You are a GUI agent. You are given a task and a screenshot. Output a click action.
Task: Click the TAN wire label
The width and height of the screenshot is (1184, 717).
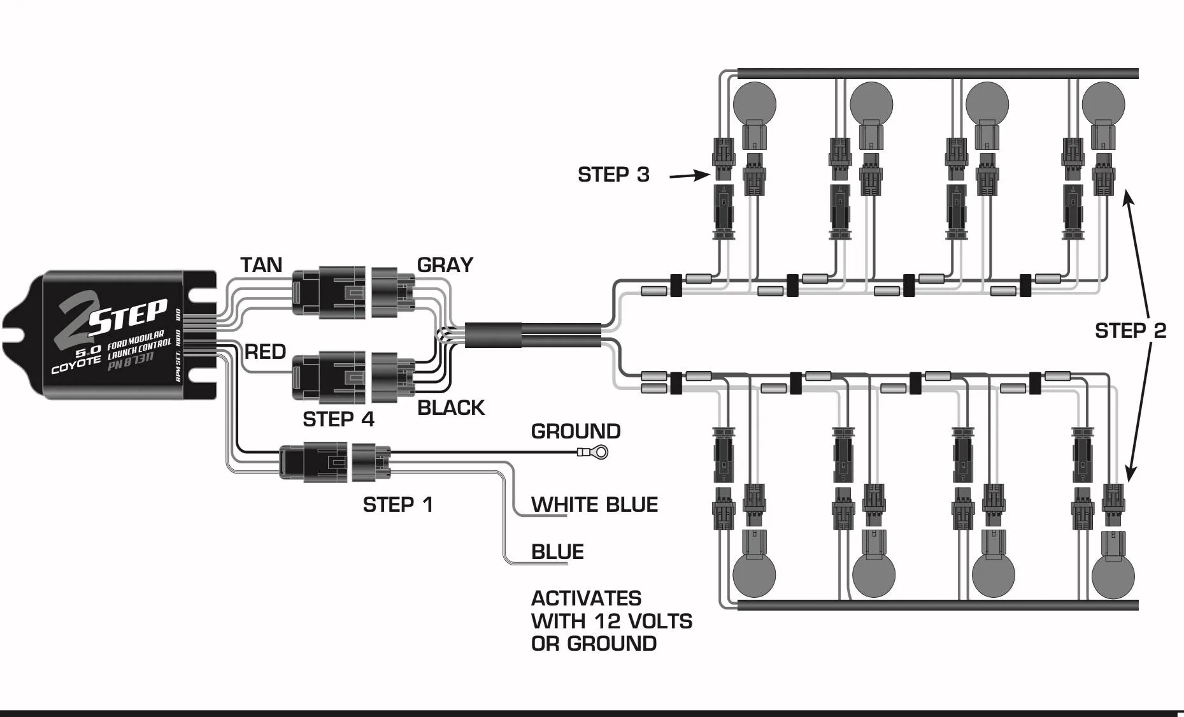pos(261,265)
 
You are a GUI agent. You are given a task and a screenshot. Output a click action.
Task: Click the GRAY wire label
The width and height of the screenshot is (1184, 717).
pos(445,265)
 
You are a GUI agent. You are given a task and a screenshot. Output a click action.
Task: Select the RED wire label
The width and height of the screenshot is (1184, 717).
pos(266,352)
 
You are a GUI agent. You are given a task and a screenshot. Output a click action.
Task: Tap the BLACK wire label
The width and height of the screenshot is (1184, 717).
pos(451,408)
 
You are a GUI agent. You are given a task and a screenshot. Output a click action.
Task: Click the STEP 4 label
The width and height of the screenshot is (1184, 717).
pos(338,419)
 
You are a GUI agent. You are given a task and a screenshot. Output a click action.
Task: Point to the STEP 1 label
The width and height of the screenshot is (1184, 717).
pos(398,505)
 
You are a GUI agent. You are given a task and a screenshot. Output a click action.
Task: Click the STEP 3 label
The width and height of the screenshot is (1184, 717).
pos(613,175)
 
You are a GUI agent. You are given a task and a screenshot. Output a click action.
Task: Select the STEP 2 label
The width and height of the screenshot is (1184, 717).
pos(1131,331)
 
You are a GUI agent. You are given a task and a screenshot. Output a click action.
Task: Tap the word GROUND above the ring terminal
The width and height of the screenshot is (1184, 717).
pos(576,431)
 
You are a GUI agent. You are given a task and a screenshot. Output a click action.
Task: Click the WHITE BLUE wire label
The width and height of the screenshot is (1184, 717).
pos(594,505)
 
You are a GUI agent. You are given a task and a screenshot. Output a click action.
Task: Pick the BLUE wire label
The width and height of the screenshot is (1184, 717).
pos(557,552)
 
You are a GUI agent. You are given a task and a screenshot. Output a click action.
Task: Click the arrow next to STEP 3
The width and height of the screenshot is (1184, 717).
pos(690,175)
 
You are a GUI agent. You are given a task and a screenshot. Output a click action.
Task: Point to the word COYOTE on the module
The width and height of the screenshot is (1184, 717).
pos(76,365)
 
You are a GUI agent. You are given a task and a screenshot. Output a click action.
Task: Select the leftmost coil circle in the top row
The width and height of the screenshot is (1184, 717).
pos(755,104)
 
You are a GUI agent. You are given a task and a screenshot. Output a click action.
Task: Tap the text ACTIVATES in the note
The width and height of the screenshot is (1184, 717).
pos(586,598)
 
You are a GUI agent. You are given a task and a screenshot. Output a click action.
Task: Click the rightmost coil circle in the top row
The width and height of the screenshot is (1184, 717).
pos(1103,104)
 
